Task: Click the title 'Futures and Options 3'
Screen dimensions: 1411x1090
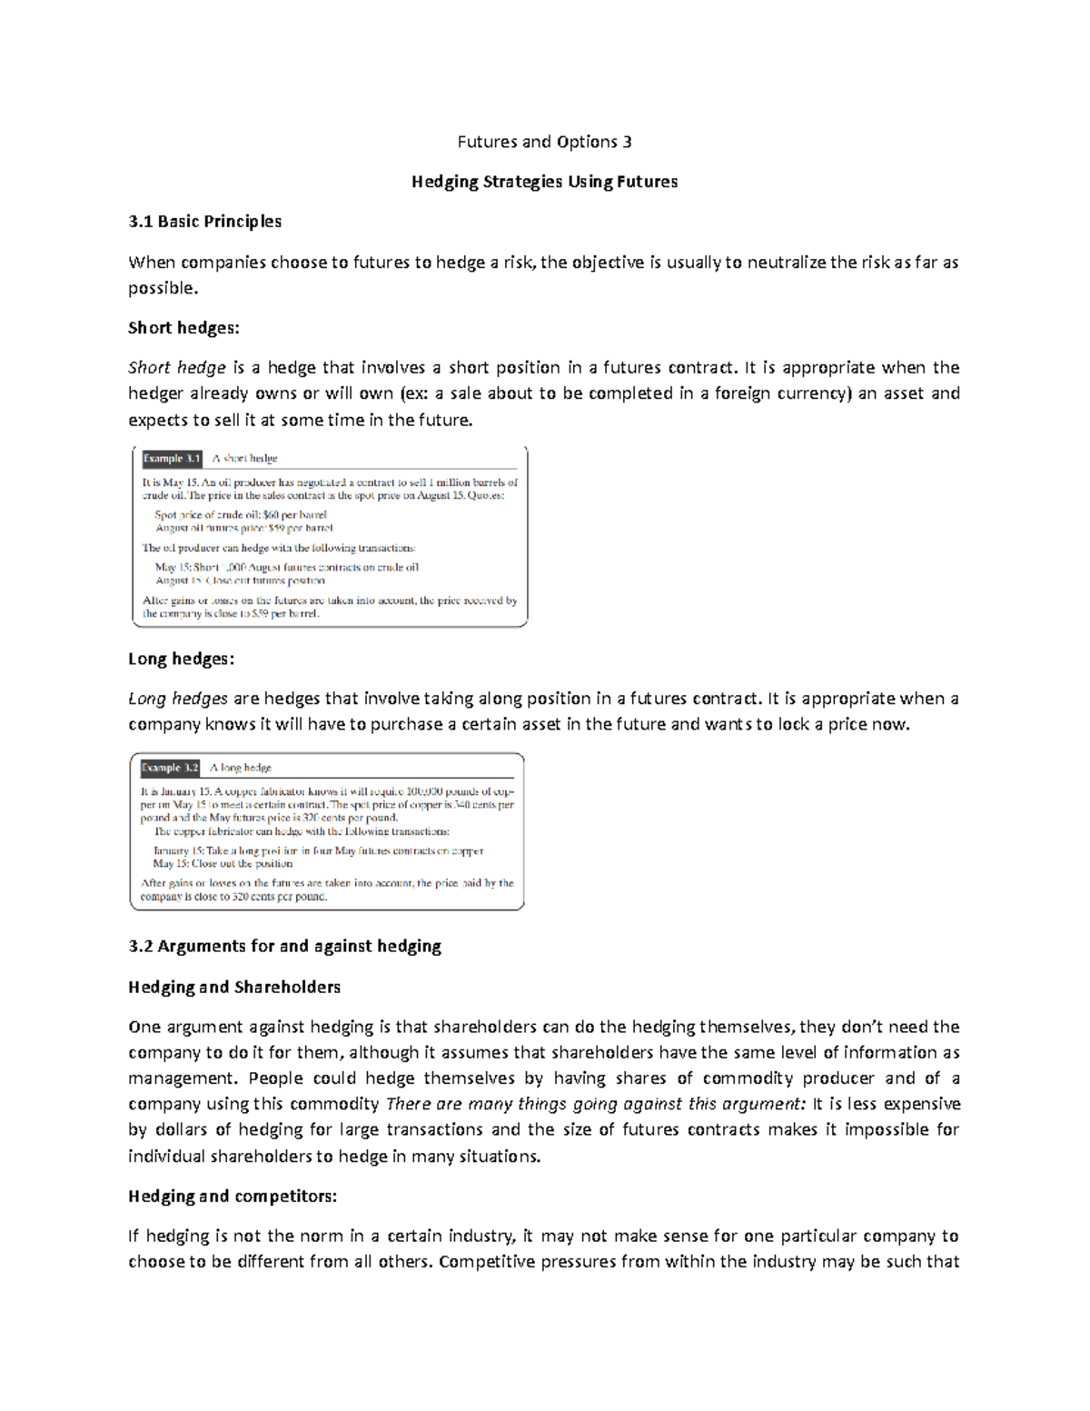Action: click(544, 142)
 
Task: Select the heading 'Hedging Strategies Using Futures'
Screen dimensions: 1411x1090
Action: click(544, 182)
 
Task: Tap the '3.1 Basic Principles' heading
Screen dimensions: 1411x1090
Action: click(204, 222)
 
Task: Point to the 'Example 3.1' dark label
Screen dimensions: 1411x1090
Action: click(171, 459)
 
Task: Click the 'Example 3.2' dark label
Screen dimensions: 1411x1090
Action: click(169, 768)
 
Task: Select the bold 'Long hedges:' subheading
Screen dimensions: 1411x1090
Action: click(181, 660)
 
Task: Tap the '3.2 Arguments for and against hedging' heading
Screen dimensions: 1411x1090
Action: click(284, 947)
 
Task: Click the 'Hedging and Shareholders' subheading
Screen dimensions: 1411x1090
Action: click(234, 988)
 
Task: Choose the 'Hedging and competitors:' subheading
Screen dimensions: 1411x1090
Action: click(233, 1197)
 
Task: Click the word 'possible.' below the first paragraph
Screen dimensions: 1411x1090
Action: click(163, 288)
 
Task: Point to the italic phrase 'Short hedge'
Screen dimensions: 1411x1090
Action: click(177, 368)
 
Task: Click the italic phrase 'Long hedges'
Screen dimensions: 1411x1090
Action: click(178, 700)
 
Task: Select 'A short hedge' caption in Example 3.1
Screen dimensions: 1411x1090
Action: click(244, 459)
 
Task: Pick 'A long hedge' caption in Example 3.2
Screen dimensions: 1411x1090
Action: click(241, 768)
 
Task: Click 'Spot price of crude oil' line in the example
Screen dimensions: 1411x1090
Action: click(241, 514)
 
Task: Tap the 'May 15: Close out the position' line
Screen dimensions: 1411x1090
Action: click(223, 864)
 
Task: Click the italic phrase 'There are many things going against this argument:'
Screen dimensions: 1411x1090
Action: click(596, 1105)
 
